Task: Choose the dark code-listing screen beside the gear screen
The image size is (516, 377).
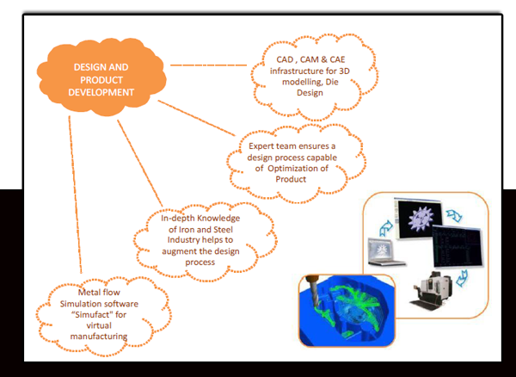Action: click(454, 246)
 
